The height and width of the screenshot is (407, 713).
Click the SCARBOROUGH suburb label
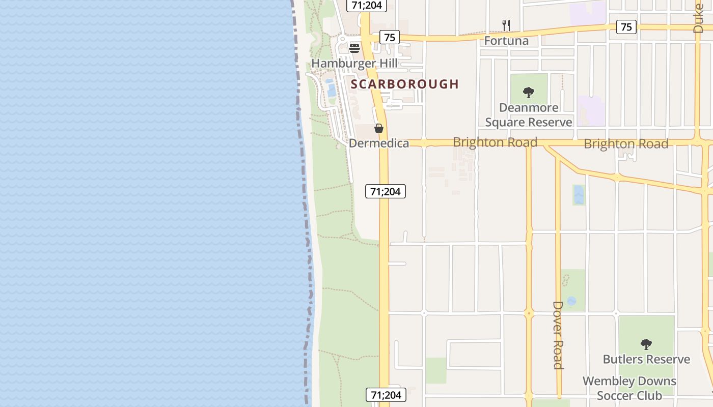pos(405,84)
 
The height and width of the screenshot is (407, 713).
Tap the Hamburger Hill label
pos(354,64)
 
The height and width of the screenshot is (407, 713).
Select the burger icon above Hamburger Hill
pos(354,48)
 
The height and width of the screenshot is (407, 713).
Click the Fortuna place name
pos(506,41)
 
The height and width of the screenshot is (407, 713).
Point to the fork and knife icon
pos(506,25)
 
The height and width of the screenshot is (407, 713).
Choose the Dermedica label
pos(379,143)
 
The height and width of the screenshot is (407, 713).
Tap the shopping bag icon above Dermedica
pos(379,128)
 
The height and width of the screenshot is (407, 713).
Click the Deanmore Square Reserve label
pos(529,115)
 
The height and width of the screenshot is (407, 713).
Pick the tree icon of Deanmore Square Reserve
pos(529,93)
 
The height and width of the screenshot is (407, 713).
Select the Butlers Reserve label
pos(646,359)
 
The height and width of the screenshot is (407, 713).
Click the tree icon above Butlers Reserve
pos(646,344)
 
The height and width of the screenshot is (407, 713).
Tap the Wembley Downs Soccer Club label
pos(629,388)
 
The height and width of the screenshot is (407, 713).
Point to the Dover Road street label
pos(558,335)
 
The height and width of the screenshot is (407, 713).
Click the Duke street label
pos(698,18)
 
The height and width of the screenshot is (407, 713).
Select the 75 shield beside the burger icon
pos(389,37)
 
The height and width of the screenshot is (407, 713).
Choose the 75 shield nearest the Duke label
pos(626,27)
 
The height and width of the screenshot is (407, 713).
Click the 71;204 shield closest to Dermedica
pos(386,191)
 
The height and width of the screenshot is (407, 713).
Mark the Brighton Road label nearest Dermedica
pos(495,142)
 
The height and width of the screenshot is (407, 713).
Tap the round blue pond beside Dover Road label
pos(571,301)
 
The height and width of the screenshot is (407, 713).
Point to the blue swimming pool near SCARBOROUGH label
pos(332,91)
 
